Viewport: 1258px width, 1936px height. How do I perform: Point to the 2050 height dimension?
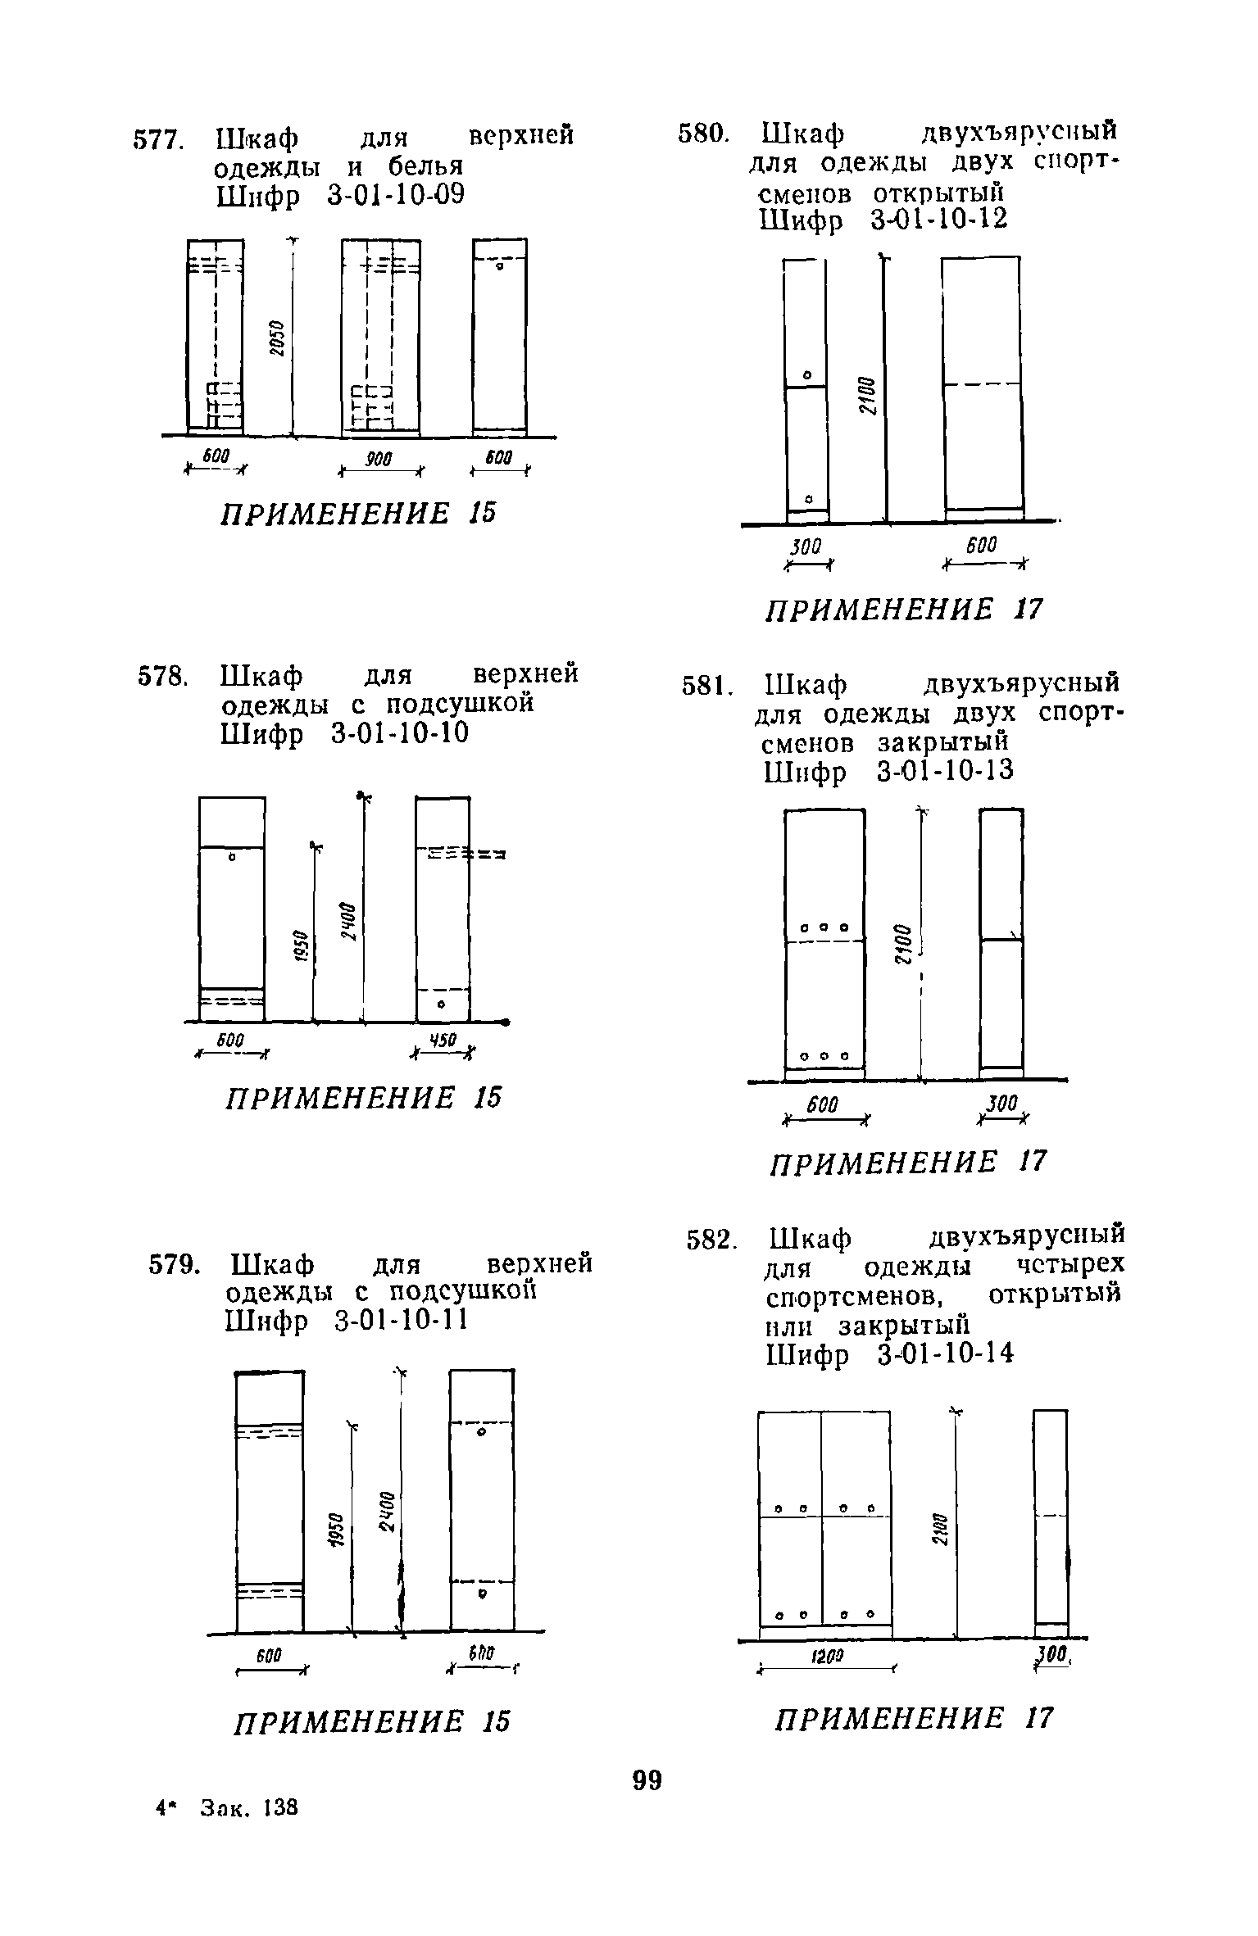coord(278,337)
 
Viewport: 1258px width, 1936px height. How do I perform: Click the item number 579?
coord(172,1267)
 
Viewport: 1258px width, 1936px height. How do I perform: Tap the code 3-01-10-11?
coord(401,1322)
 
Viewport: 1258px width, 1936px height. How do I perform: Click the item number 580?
coord(702,134)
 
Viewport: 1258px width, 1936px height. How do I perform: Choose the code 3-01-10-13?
coord(944,771)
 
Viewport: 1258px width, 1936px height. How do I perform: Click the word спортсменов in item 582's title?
coord(852,1299)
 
